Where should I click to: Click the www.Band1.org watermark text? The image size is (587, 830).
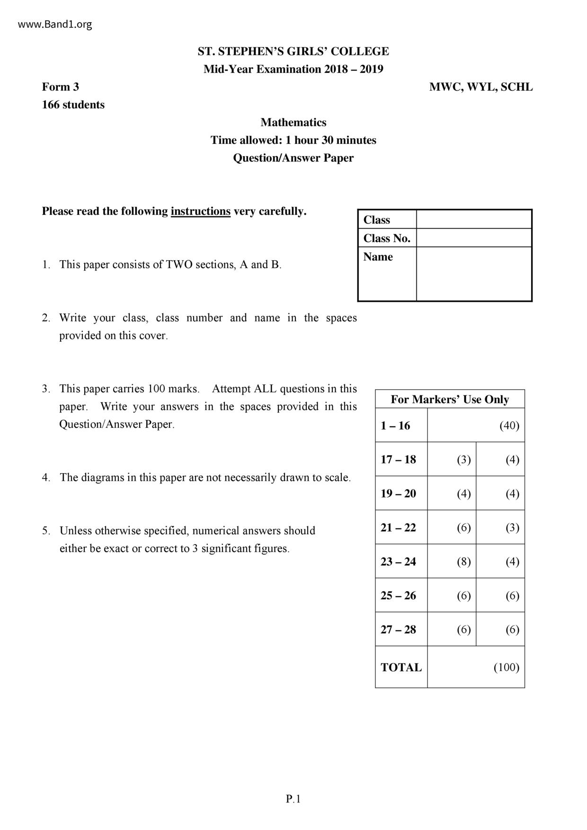point(55,24)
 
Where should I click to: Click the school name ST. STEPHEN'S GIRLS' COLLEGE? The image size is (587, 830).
point(293,51)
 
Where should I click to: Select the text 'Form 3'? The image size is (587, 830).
point(61,87)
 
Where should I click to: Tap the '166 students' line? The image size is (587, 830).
point(73,105)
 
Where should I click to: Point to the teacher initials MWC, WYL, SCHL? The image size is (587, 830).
point(480,87)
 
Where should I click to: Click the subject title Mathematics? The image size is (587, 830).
point(293,122)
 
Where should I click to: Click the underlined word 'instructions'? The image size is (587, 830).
point(201,211)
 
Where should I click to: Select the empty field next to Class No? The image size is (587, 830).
point(474,238)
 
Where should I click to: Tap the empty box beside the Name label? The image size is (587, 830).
point(474,274)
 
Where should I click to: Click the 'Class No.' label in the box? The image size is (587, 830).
point(387,238)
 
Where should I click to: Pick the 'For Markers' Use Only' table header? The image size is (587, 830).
point(450,399)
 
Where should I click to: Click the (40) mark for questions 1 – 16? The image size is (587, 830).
point(509,425)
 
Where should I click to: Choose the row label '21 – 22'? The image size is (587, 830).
point(398,527)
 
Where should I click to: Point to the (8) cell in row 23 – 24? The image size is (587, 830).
point(463,561)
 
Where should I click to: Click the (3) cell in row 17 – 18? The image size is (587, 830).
point(463,459)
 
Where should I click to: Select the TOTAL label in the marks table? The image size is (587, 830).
point(401,667)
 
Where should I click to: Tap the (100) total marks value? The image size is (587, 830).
point(506,667)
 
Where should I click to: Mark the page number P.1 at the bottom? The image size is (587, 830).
point(293,799)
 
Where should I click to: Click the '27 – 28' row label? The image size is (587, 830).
point(398,629)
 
